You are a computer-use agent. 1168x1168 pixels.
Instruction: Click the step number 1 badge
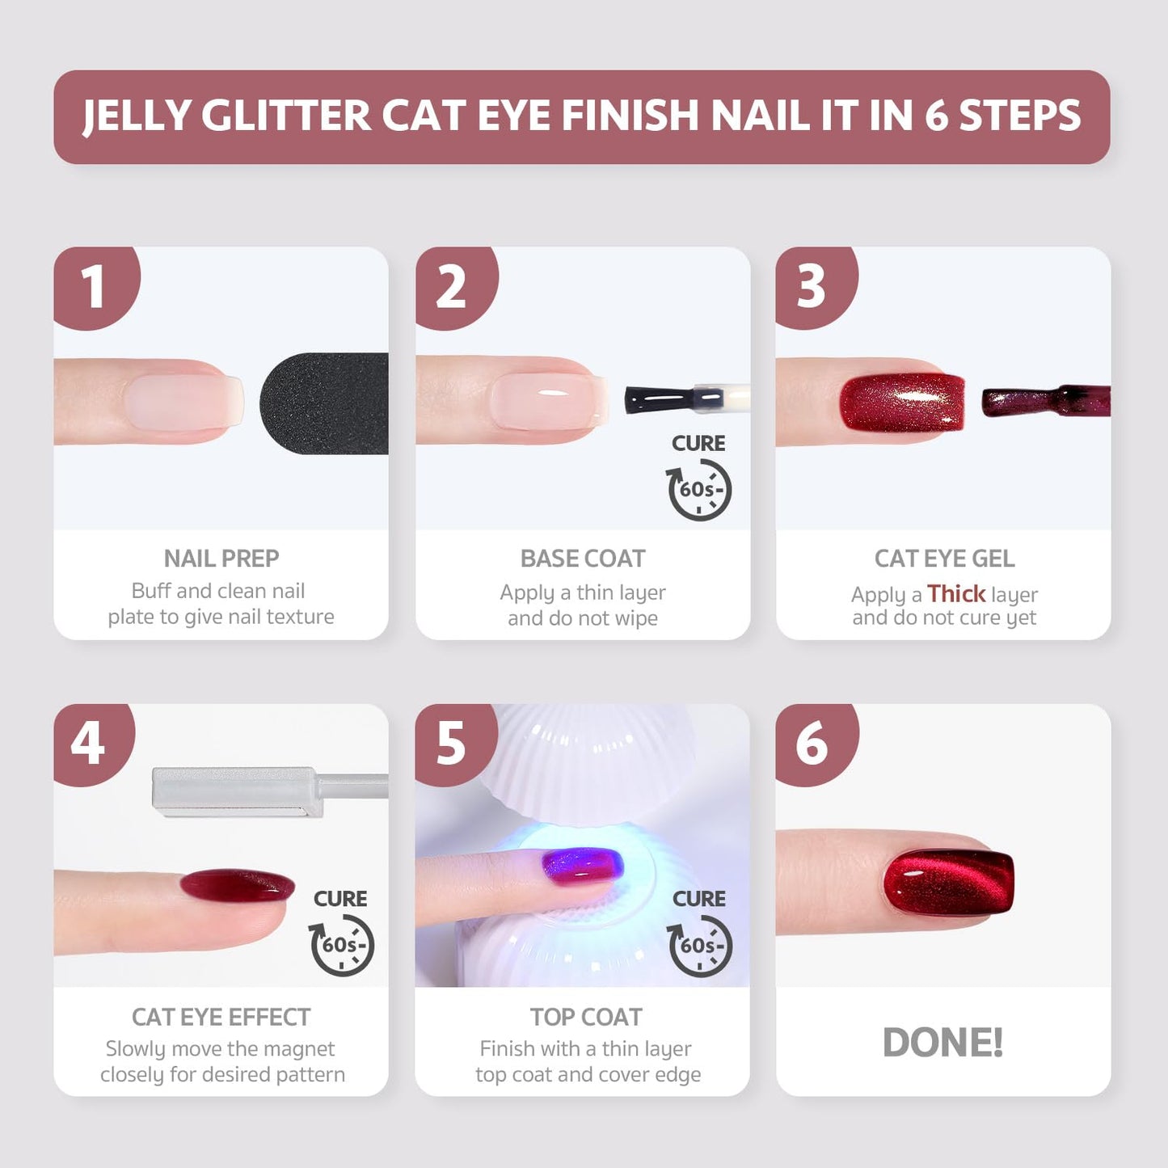click(x=93, y=286)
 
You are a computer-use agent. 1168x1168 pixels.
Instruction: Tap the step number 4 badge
click(x=88, y=743)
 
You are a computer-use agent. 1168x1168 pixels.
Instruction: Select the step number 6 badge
click(x=812, y=743)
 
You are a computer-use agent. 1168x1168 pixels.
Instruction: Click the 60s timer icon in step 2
click(x=698, y=489)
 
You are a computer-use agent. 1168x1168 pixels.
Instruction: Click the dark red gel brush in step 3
click(x=1043, y=401)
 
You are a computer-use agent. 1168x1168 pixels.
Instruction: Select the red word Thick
click(x=956, y=594)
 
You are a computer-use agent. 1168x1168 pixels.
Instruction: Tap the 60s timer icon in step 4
click(x=342, y=944)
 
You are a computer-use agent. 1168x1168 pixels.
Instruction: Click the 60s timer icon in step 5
click(x=699, y=945)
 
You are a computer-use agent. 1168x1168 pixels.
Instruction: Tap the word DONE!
click(x=942, y=1042)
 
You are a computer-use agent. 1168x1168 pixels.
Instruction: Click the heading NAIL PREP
click(x=221, y=559)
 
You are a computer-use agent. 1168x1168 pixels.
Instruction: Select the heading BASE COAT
click(x=583, y=559)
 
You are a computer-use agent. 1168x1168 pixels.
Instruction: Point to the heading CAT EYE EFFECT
click(x=221, y=1017)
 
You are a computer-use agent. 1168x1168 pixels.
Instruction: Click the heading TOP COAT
click(x=586, y=1017)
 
